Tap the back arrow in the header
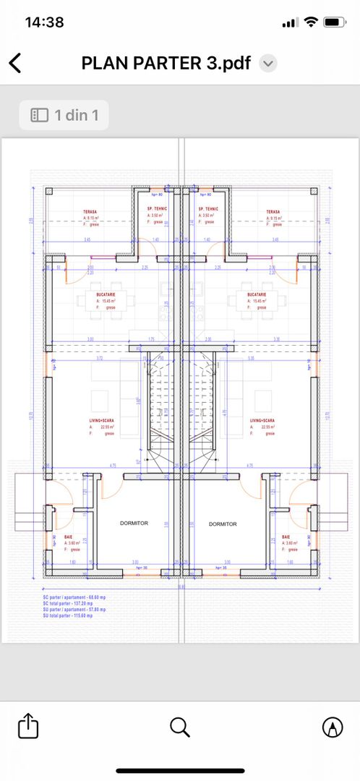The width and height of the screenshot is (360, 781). click(x=15, y=64)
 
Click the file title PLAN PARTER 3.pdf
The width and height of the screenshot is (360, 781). click(x=166, y=64)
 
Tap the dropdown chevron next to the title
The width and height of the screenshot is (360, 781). click(x=267, y=64)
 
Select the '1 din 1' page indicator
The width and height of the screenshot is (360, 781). click(x=64, y=115)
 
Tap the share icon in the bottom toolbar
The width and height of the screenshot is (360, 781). click(x=27, y=726)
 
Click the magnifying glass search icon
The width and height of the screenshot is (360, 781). click(x=180, y=726)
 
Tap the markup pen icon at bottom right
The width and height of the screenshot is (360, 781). click(x=332, y=726)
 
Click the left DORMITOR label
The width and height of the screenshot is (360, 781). click(x=134, y=523)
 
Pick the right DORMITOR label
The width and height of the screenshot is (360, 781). click(x=223, y=524)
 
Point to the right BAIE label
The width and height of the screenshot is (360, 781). click(x=286, y=536)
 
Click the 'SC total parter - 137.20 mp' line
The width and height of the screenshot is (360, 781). click(x=73, y=603)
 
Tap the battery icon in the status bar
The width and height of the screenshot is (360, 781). click(x=334, y=22)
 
